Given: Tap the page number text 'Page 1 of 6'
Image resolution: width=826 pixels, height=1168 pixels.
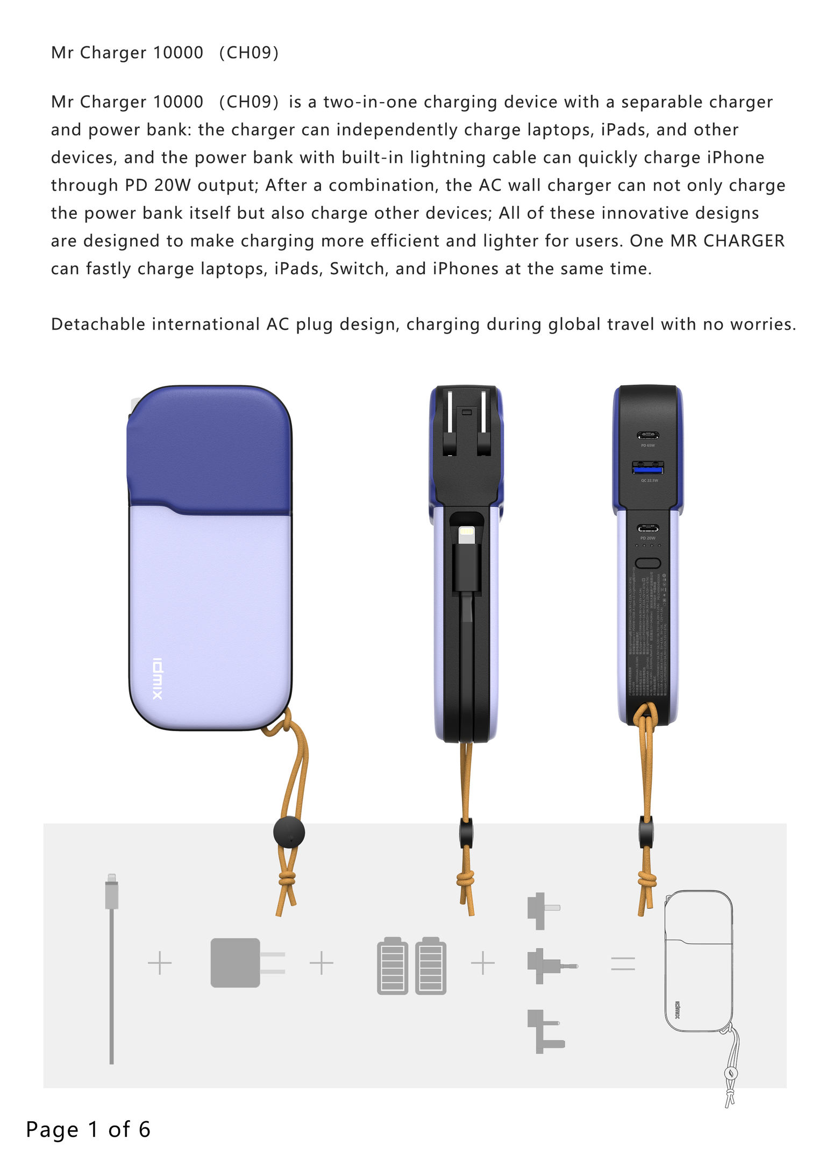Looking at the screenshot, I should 88,1129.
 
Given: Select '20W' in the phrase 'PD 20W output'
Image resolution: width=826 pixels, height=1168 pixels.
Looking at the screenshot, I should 172,185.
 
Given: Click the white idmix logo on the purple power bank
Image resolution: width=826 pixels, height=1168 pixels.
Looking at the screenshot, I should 157,678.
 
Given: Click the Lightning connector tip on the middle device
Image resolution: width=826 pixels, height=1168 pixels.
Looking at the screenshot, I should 466,533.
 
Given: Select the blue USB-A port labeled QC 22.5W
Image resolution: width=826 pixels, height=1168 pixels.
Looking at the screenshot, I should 647,468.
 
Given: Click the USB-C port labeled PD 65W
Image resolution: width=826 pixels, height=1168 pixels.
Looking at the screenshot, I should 647,435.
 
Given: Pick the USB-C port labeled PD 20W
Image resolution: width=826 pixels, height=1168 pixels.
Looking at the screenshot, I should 647,528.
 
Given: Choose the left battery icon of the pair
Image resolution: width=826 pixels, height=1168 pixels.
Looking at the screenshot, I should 393,966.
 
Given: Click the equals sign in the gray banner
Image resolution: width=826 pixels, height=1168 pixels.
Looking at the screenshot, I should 623,963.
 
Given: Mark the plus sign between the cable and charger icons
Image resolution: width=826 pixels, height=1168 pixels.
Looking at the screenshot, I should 160,963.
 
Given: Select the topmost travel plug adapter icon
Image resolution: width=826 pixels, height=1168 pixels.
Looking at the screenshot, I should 541,910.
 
